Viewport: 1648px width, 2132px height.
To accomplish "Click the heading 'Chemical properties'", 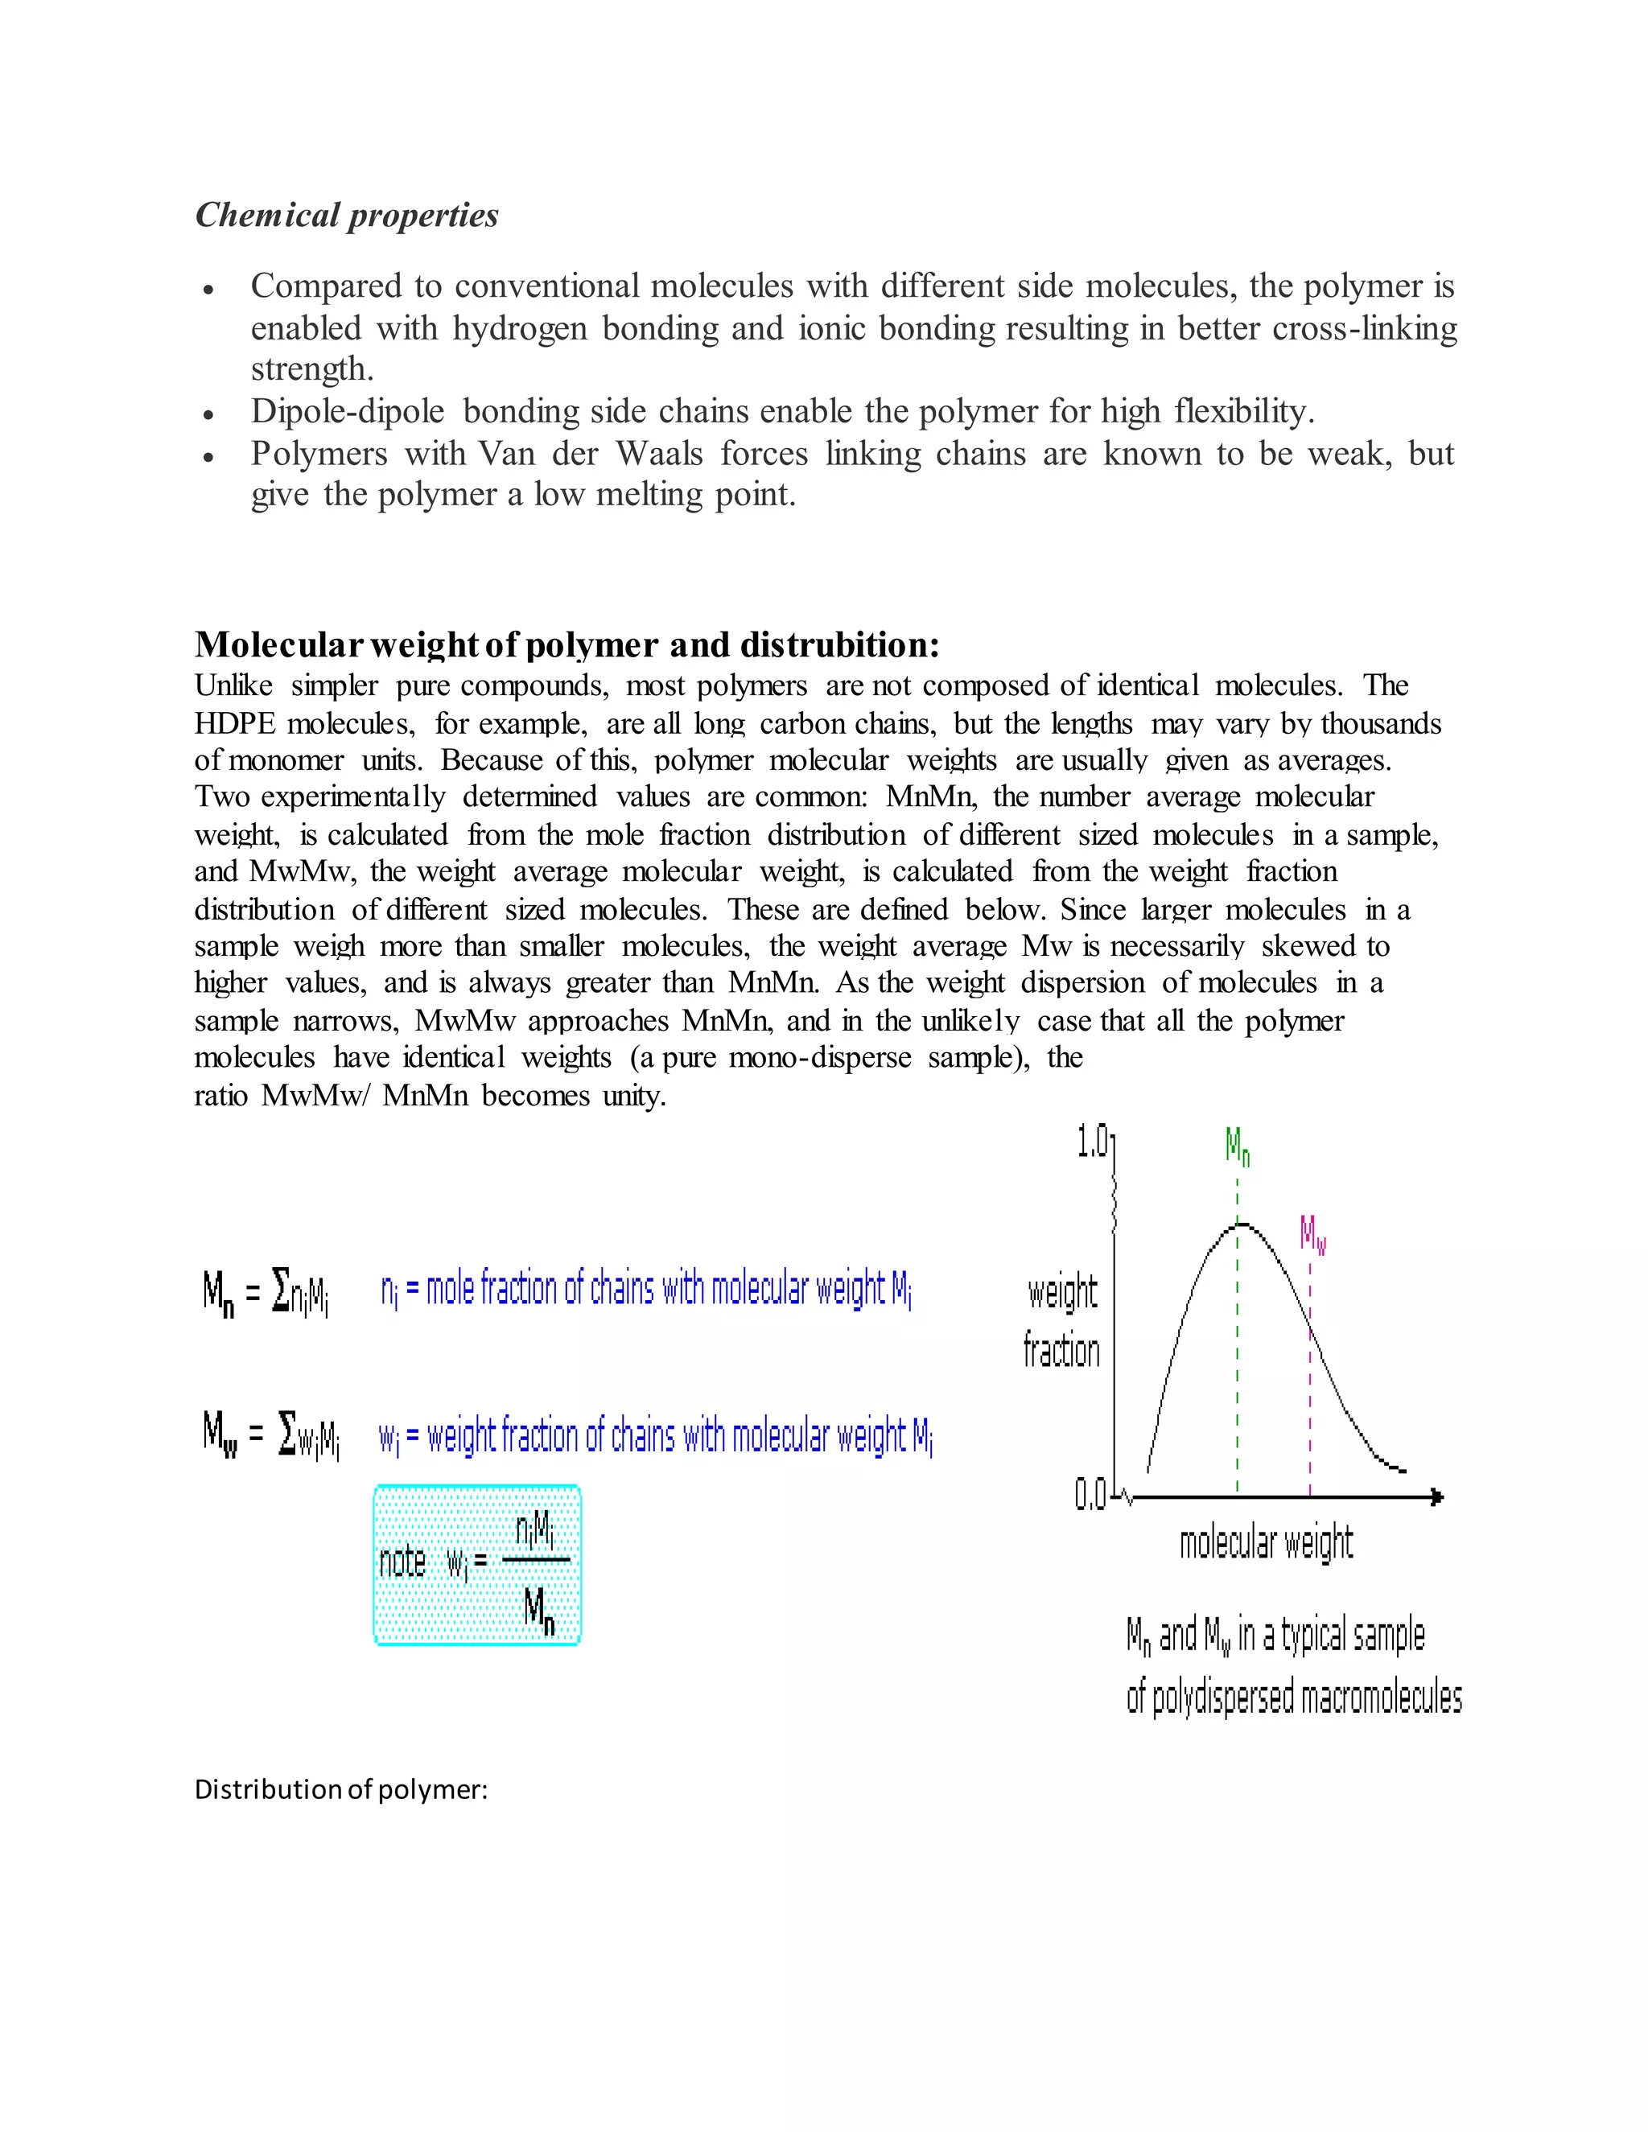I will pyautogui.click(x=347, y=215).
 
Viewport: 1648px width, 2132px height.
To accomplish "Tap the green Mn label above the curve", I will pyautogui.click(x=1237, y=1145).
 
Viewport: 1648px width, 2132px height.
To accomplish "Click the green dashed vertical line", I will pyautogui.click(x=1237, y=1367).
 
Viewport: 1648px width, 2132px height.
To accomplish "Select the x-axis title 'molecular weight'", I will pyautogui.click(x=1267, y=1543).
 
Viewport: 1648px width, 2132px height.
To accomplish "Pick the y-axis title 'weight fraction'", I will pyautogui.click(x=1062, y=1321).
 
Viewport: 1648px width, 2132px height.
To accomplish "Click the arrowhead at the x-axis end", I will pyautogui.click(x=1436, y=1496).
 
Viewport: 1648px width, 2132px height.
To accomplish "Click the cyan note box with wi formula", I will pyautogui.click(x=477, y=1565).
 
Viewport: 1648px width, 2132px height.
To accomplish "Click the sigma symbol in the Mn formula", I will pyautogui.click(x=281, y=1290).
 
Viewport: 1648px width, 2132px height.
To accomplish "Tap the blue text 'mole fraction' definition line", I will pyautogui.click(x=645, y=1290).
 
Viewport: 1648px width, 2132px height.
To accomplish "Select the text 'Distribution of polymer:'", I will pyautogui.click(x=340, y=1789).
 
